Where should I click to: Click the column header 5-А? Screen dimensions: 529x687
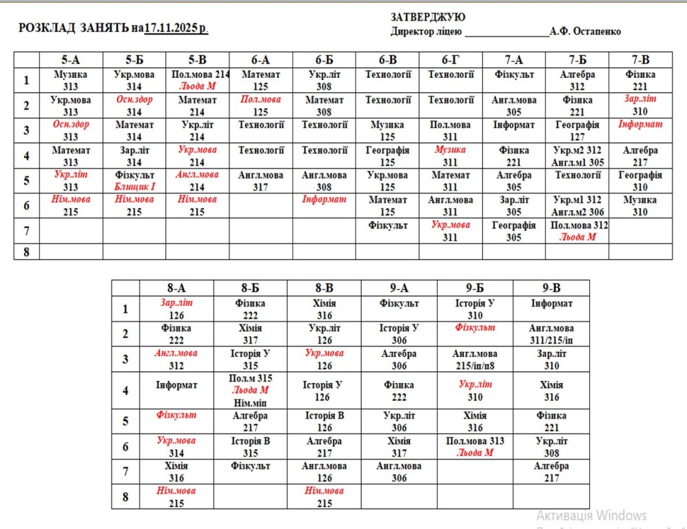[x=71, y=60]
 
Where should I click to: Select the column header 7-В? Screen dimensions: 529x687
[x=640, y=60]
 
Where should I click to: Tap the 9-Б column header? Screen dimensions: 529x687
[x=475, y=289]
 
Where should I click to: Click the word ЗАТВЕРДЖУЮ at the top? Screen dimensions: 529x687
[x=428, y=17]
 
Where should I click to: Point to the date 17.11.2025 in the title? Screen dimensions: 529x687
[x=176, y=28]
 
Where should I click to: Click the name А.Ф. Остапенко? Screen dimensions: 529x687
[x=585, y=32]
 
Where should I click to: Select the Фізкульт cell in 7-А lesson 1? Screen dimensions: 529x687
[x=513, y=74]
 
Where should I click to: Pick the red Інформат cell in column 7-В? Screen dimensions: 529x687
[x=640, y=125]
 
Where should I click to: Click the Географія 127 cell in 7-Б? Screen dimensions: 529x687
[x=577, y=131]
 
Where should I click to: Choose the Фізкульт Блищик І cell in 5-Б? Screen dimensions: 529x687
[x=134, y=180]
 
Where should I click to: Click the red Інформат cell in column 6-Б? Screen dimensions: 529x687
[x=324, y=200]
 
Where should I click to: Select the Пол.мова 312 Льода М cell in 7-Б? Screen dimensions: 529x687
[x=577, y=231]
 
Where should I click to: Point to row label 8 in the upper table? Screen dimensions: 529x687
[x=26, y=252]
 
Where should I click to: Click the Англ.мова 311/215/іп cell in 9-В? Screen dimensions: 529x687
[x=551, y=334]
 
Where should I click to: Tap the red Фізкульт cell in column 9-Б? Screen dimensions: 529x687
[x=475, y=328]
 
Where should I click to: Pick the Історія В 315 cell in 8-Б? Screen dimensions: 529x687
[x=250, y=447]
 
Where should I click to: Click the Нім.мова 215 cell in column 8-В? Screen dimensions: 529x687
[x=324, y=497]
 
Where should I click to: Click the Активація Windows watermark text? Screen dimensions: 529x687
[x=591, y=515]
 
